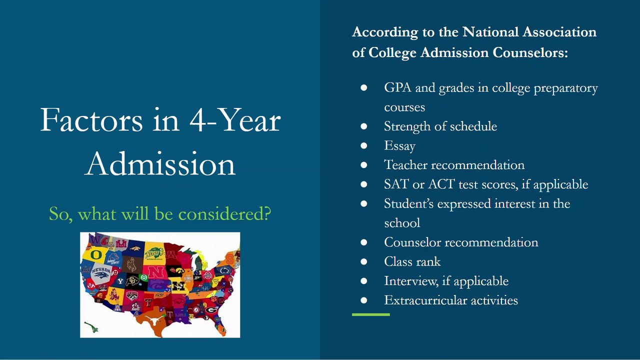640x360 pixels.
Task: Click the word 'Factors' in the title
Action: click(x=91, y=120)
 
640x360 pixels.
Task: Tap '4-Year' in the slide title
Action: click(x=235, y=120)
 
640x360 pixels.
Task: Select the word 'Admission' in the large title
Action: click(x=160, y=164)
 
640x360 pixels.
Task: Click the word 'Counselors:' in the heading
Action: click(x=530, y=52)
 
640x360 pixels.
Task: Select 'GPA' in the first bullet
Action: click(x=397, y=87)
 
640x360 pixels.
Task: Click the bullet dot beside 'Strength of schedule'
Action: click(x=363, y=126)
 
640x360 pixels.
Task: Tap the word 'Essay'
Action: click(x=399, y=145)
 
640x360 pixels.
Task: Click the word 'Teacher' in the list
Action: click(x=405, y=165)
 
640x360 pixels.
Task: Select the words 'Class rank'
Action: click(x=412, y=261)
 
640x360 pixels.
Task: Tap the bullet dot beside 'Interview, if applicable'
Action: click(x=363, y=281)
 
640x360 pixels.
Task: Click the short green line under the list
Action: click(x=371, y=314)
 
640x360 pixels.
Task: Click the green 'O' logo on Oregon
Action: click(x=96, y=254)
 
